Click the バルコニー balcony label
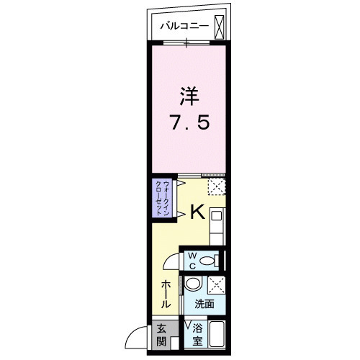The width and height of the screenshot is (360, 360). click(x=184, y=26)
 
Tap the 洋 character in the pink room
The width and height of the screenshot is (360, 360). click(x=189, y=96)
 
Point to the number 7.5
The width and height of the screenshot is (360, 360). click(x=189, y=122)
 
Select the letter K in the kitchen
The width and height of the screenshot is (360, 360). click(x=197, y=212)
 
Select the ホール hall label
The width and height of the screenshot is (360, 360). click(x=166, y=294)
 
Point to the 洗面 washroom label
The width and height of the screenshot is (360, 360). click(x=204, y=304)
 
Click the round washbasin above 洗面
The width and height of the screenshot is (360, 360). click(x=194, y=284)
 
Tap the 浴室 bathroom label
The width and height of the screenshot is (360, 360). click(x=197, y=335)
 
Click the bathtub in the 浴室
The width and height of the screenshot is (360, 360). click(x=217, y=334)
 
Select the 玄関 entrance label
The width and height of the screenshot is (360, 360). click(x=161, y=335)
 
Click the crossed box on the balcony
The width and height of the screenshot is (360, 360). click(x=219, y=27)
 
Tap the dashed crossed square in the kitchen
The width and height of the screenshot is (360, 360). click(x=217, y=186)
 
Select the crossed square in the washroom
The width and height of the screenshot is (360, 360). click(x=217, y=285)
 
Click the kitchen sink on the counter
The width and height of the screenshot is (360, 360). click(x=216, y=216)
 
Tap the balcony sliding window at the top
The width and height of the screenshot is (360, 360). click(x=186, y=43)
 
